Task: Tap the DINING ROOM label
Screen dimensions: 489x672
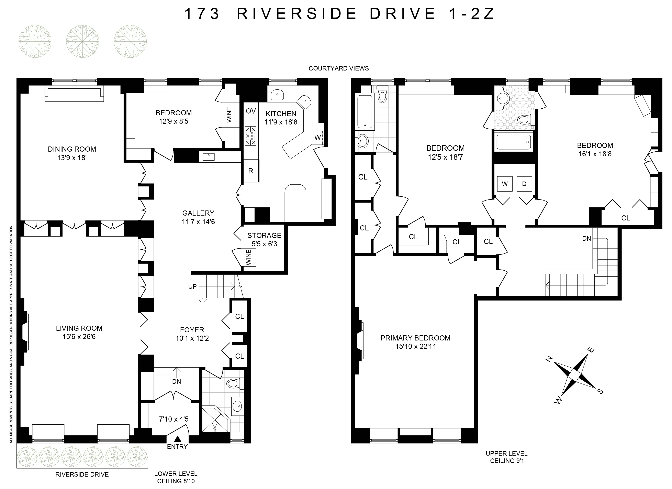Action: [72, 149]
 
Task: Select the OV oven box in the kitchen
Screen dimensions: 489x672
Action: [251, 111]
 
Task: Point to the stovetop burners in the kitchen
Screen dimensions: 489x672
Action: [250, 136]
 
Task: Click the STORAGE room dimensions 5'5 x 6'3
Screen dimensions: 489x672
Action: [264, 244]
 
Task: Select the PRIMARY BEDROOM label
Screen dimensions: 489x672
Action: [415, 338]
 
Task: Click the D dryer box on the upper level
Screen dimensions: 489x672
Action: [524, 184]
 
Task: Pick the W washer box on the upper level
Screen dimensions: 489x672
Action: [505, 184]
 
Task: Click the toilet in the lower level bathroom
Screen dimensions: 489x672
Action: [234, 384]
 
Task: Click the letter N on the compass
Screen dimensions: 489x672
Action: [549, 360]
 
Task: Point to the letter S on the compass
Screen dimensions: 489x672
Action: [601, 391]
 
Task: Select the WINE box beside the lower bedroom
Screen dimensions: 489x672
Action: [229, 115]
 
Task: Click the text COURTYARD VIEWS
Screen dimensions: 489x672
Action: [339, 68]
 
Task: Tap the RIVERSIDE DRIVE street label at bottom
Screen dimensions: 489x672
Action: [82, 475]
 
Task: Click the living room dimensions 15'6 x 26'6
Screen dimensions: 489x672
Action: [79, 337]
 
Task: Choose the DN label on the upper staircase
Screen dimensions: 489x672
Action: [586, 238]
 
